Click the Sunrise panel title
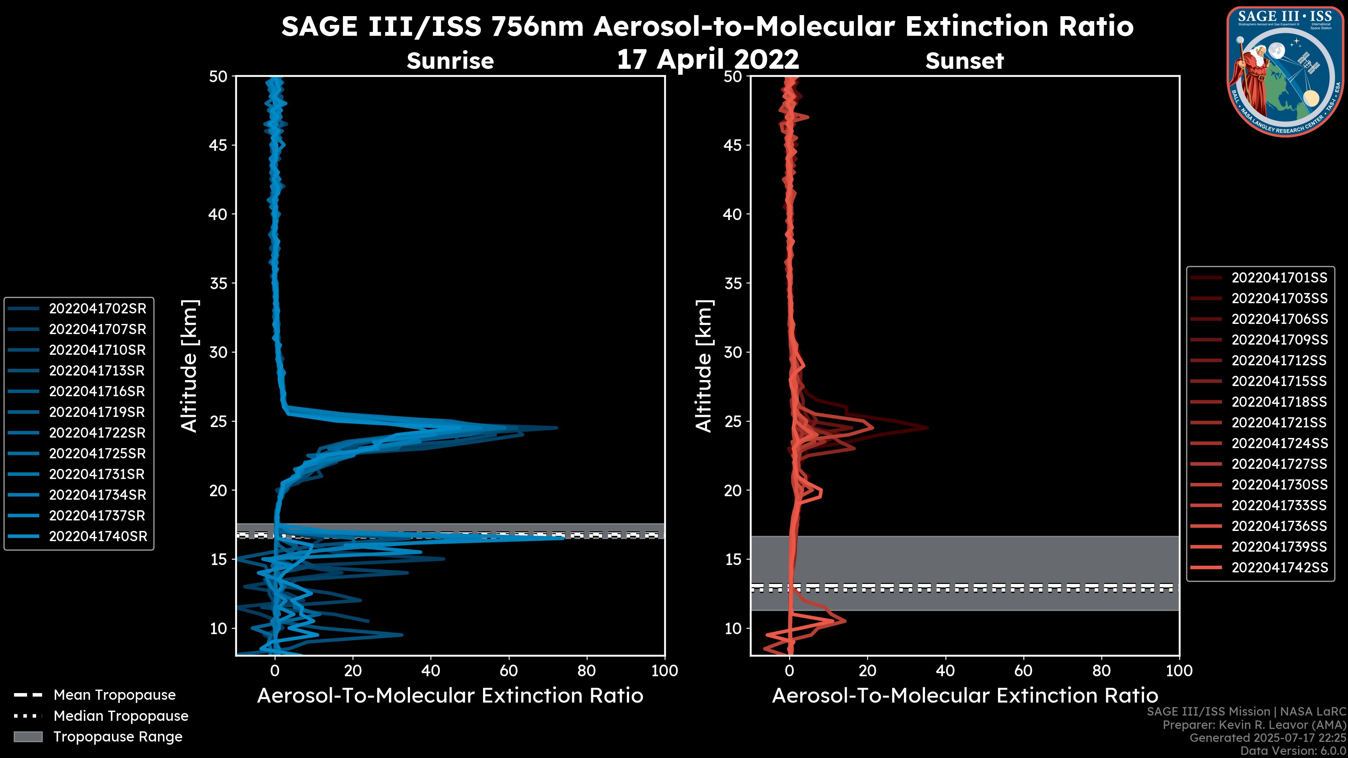(x=450, y=61)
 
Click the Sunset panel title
(x=964, y=61)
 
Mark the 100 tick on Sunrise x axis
(x=665, y=671)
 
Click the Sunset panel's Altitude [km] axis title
(x=704, y=366)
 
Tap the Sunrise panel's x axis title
(x=450, y=696)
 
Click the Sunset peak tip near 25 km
(x=927, y=428)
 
